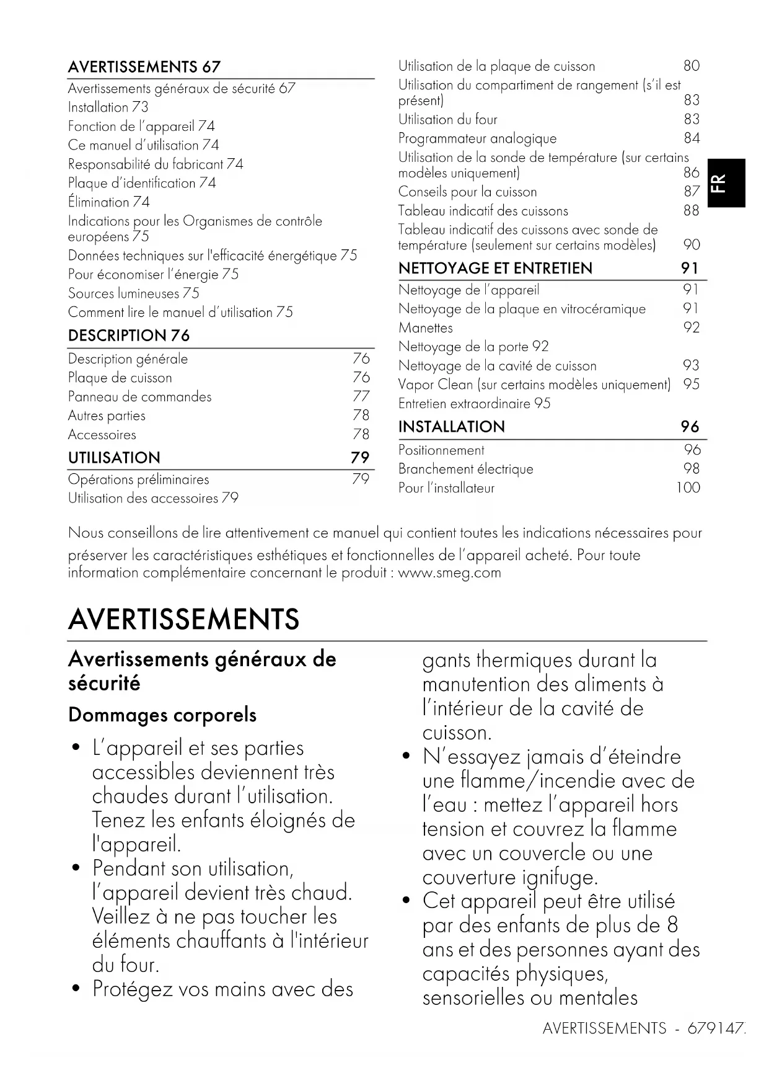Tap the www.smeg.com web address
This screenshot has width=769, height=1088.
pos(449,573)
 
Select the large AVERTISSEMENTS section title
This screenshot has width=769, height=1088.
pos(183,619)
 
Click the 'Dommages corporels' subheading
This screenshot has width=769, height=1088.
pos(162,715)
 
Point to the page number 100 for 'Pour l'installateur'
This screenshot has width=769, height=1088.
pos(688,488)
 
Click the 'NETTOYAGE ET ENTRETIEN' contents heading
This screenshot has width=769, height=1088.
pos(495,268)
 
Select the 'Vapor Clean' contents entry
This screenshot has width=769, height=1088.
pos(534,385)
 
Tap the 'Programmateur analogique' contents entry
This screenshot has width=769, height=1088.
pos(477,138)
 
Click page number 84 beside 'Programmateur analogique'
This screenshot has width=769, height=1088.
pos(692,138)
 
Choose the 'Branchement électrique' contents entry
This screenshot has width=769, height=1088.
pos(465,469)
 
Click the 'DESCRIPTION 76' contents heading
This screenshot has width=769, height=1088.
pos(129,336)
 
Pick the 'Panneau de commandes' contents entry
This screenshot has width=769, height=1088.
pos(139,397)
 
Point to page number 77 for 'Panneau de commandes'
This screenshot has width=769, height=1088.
pos(361,396)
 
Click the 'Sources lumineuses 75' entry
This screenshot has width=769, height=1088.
pos(134,293)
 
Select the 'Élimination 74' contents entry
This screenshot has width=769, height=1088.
pos(109,202)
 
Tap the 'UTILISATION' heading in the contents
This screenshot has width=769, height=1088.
pos(114,458)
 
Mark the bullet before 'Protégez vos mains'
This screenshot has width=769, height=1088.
pos(76,988)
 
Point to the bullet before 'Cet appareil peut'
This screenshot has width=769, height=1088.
pos(406,901)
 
